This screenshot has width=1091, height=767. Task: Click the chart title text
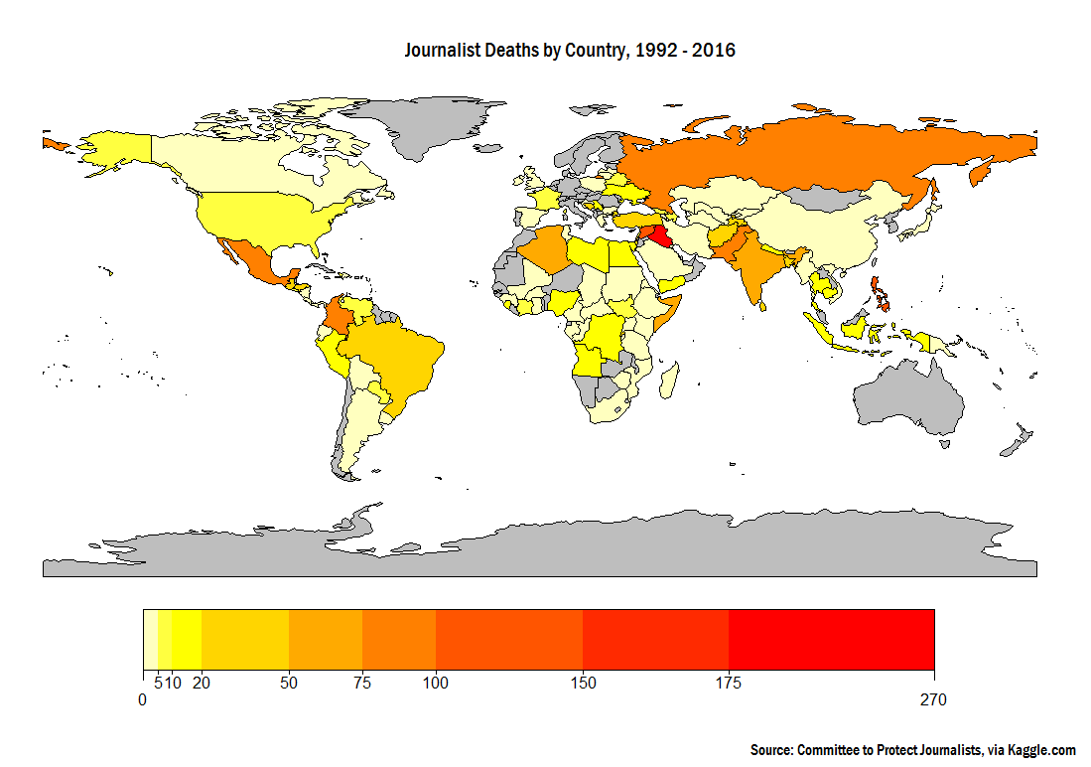[570, 50]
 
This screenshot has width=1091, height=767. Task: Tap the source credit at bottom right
[913, 750]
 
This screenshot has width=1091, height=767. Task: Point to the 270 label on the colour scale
[933, 699]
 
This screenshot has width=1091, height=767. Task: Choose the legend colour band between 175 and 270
[832, 639]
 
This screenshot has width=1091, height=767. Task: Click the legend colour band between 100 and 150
[509, 639]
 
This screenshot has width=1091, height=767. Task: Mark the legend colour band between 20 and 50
[245, 639]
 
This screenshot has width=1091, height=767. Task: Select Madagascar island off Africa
[670, 378]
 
